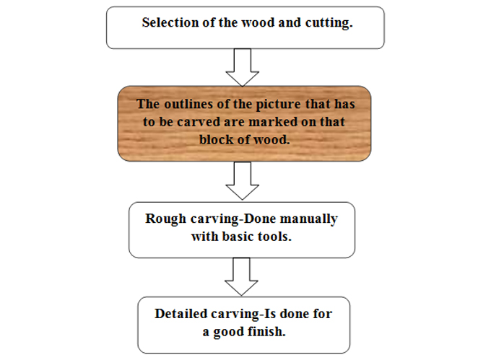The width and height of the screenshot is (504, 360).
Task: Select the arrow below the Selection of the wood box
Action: coord(243,67)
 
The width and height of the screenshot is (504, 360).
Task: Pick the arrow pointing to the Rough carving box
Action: coord(243,181)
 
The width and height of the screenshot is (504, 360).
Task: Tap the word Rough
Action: coord(165,219)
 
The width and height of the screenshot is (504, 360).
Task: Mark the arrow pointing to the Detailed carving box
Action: coord(241,276)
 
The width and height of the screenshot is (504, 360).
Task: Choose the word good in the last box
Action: coord(228,332)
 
